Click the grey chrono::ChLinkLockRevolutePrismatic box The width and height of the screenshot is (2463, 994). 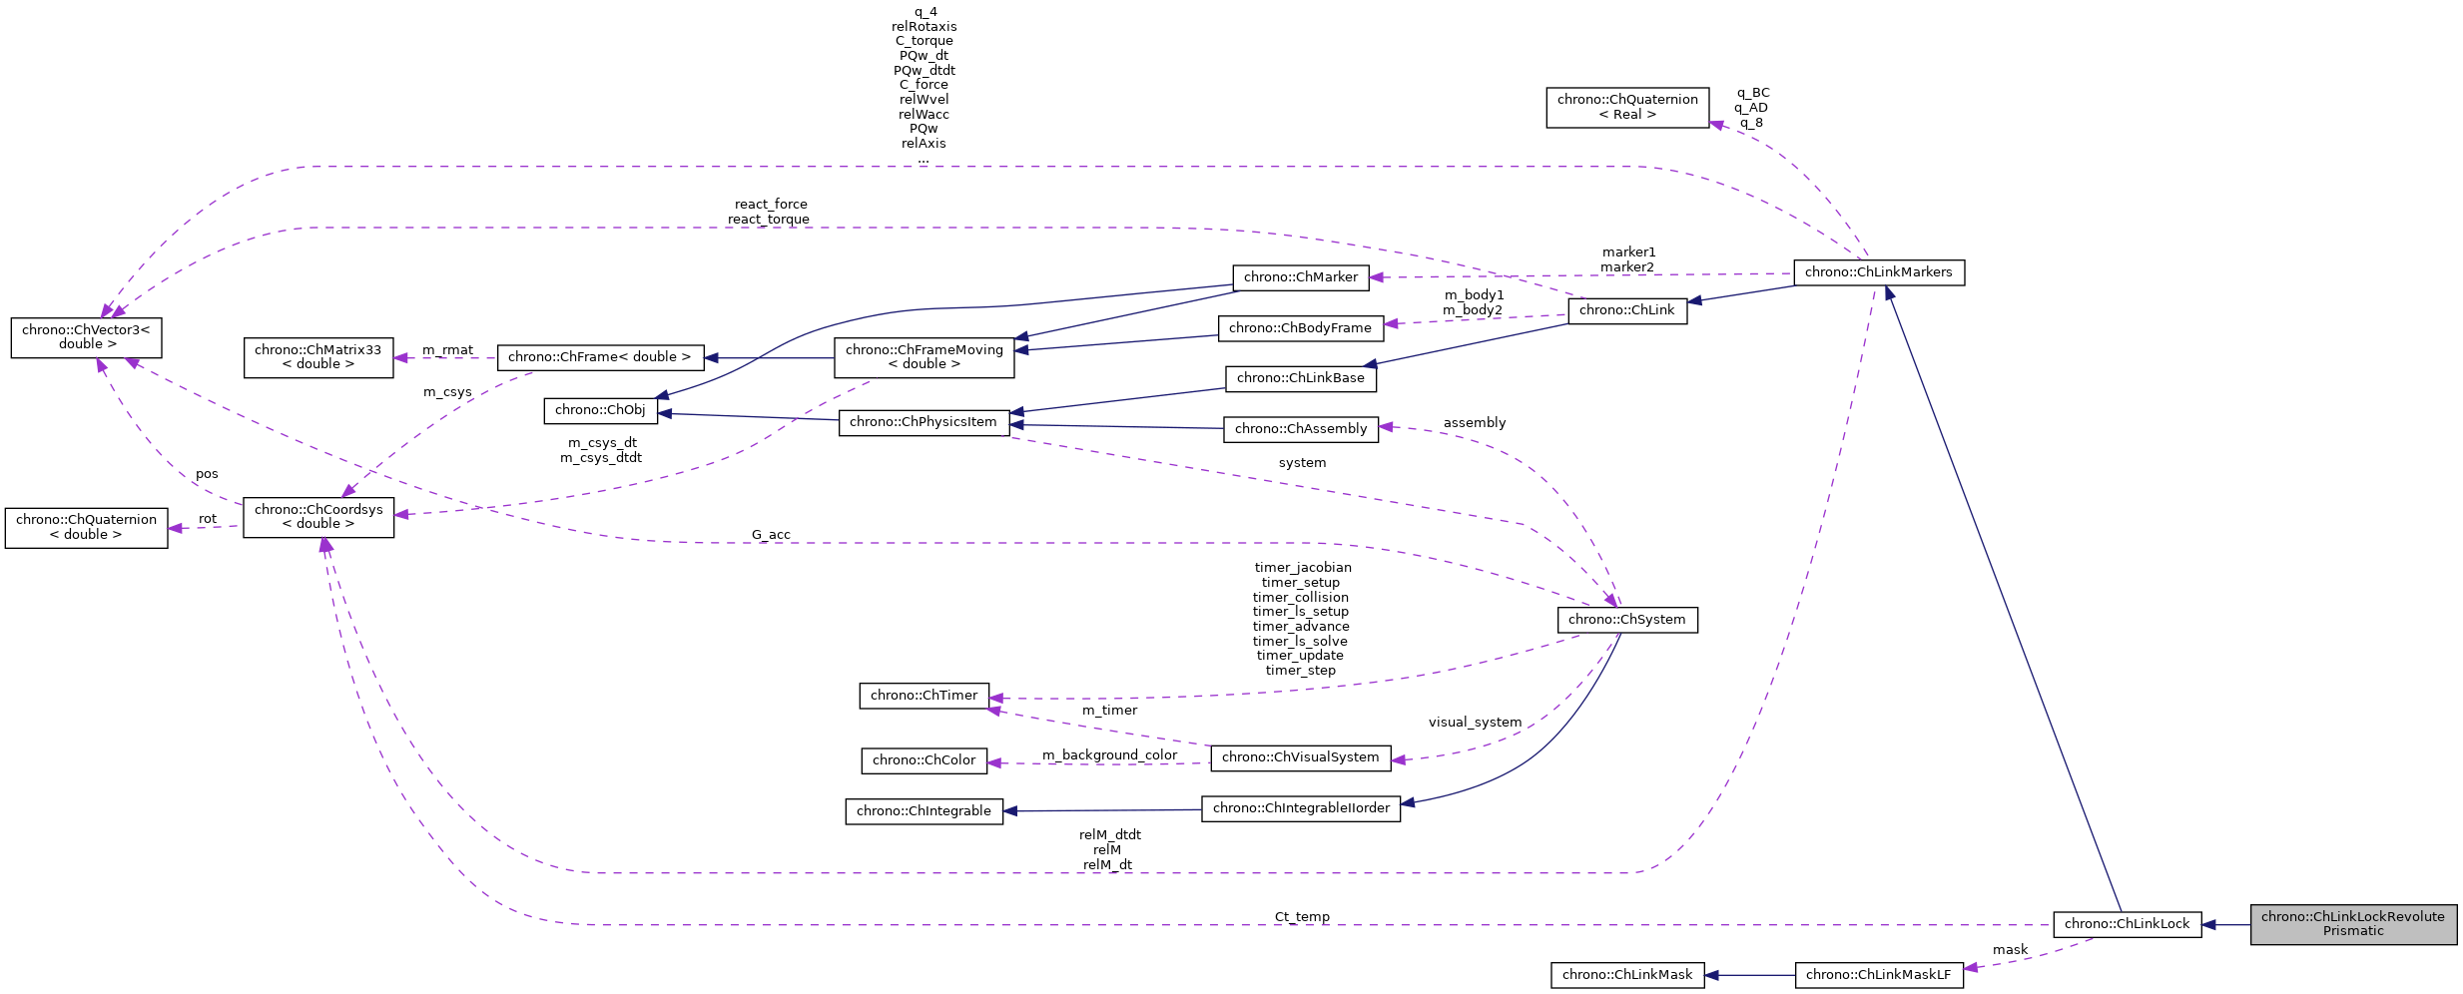[2352, 924]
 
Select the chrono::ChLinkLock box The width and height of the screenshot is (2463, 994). [2127, 924]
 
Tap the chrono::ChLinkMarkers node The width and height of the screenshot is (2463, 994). [1878, 272]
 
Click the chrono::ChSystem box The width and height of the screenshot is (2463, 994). [1626, 620]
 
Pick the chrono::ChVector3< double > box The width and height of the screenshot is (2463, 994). [86, 337]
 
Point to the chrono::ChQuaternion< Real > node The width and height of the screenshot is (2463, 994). [1626, 107]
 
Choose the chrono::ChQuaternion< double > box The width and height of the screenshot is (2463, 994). [86, 527]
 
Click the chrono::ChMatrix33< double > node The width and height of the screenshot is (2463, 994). [317, 357]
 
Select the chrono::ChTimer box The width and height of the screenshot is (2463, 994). [924, 696]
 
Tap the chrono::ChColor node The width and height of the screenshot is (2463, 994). [924, 760]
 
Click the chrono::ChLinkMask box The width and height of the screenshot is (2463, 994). [1626, 975]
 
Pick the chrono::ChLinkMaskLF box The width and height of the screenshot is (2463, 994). [1878, 975]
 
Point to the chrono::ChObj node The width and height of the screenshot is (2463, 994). [600, 410]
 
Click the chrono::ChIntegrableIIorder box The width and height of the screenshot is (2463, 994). [1300, 808]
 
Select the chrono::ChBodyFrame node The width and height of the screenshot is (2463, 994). [1300, 328]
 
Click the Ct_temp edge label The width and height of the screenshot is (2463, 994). [1301, 916]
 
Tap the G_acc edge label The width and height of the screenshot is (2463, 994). [771, 535]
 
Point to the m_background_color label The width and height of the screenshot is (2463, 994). [1109, 755]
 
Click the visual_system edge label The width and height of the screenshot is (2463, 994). [1475, 723]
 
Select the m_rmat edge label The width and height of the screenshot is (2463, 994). [447, 350]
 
